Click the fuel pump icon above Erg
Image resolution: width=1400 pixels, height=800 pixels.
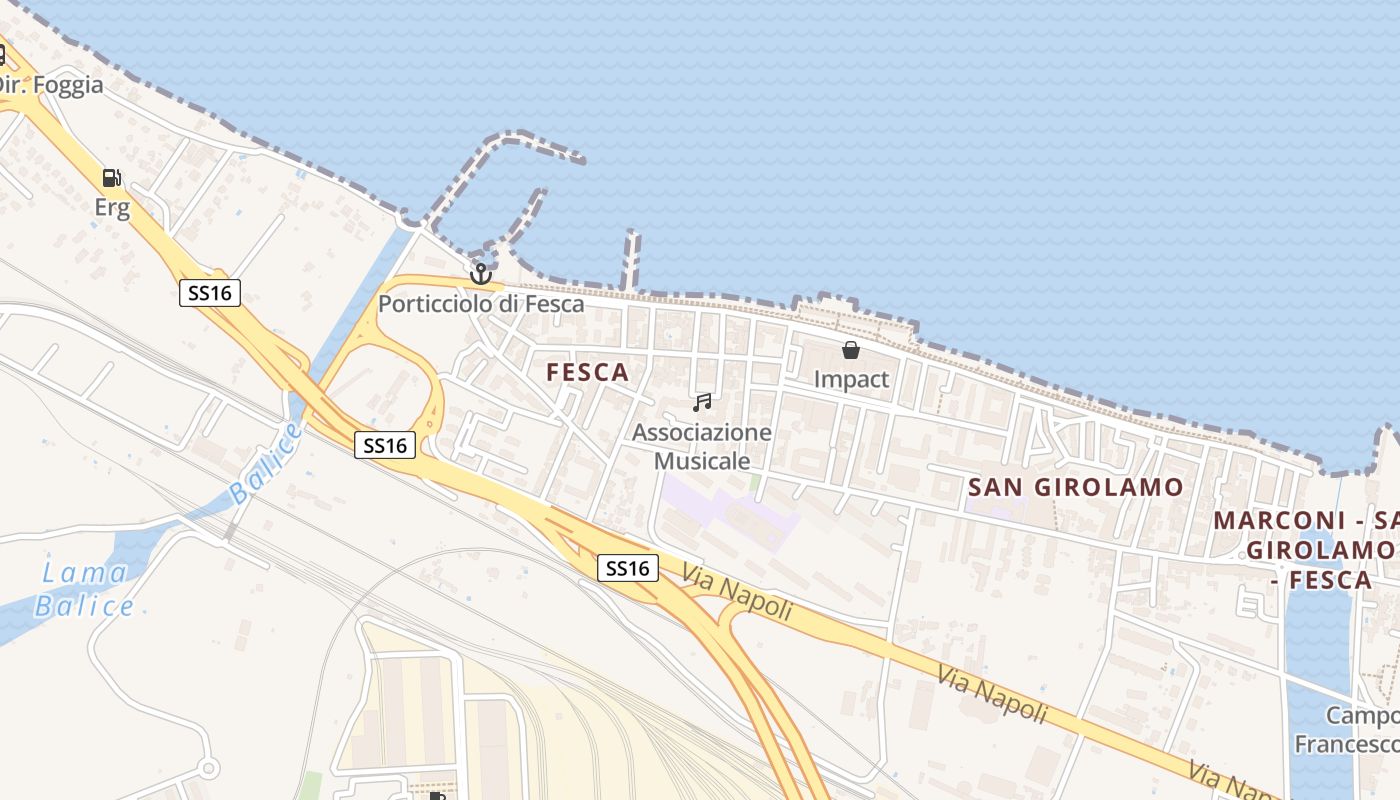coord(112,178)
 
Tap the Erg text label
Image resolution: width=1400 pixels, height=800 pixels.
coord(112,208)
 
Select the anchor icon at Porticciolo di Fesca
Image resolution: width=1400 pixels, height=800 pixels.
coord(481,273)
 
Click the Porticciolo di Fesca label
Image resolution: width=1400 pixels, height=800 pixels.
coord(481,303)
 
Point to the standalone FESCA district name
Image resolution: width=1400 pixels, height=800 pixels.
coord(588,373)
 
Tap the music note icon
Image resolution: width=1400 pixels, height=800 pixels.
coord(702,402)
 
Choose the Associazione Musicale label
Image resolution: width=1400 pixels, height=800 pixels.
coord(702,446)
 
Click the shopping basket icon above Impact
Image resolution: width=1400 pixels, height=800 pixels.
coord(851,350)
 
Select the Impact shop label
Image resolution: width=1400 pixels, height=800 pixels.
coord(851,379)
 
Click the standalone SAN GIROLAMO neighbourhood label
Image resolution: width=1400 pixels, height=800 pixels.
coord(1076,488)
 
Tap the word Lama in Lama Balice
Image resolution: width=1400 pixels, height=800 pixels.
coord(84,573)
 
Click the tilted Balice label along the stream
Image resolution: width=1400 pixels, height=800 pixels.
coord(265,463)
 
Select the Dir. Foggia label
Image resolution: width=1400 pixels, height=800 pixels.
coord(50,85)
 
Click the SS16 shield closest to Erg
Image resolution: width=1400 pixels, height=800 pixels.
coord(210,293)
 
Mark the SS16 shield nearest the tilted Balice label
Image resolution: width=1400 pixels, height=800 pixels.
coord(385,445)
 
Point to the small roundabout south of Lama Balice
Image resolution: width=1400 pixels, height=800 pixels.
coord(208,768)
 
